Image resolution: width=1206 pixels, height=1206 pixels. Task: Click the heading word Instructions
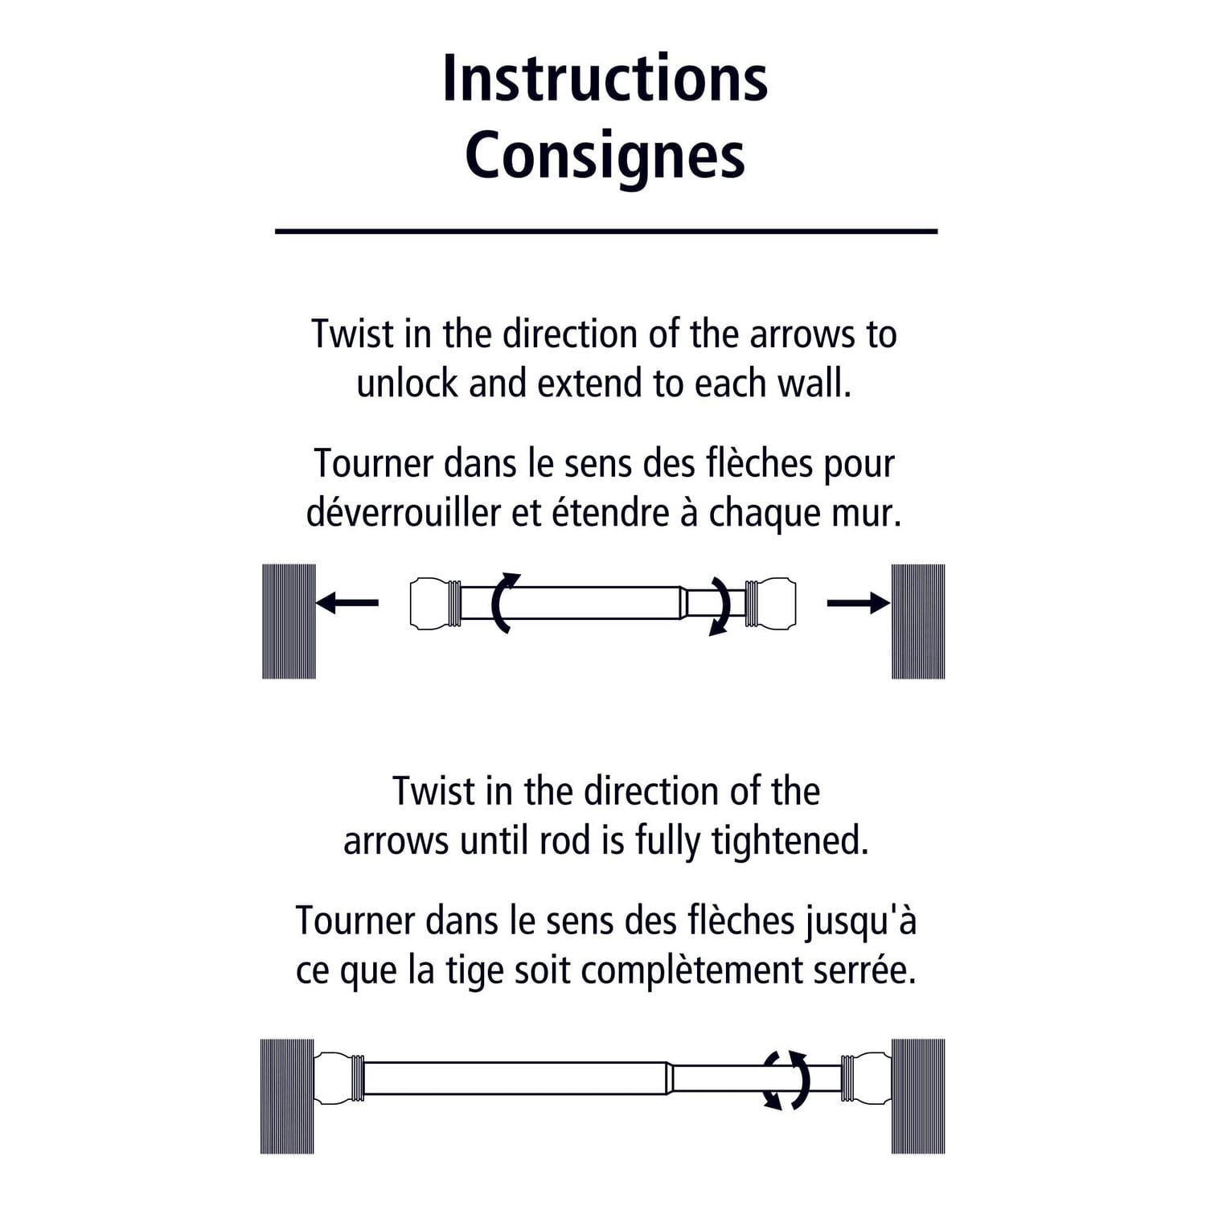(605, 78)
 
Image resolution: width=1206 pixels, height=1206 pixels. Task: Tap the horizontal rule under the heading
(606, 231)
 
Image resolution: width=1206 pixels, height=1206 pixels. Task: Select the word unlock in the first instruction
(407, 384)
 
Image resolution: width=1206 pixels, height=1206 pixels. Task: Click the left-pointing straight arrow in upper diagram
(347, 602)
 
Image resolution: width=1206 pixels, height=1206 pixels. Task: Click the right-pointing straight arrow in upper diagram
(858, 602)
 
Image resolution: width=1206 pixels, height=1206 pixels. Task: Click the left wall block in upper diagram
(289, 621)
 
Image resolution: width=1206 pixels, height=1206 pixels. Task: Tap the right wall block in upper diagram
(918, 621)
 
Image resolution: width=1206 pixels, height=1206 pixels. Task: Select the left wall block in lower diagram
(287, 1096)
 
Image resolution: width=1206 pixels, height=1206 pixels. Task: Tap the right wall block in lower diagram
(918, 1096)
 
